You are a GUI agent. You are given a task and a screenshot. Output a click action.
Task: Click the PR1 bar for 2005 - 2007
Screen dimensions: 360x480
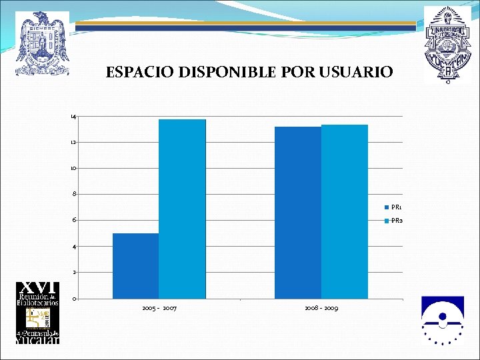point(135,266)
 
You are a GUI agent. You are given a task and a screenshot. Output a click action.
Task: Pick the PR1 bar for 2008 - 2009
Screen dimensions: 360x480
point(297,213)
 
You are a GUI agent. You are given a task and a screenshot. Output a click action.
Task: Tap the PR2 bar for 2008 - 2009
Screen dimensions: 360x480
point(345,211)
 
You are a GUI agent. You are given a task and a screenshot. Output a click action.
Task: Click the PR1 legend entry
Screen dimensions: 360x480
point(393,207)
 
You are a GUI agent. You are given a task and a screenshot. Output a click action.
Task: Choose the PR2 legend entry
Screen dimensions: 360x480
point(393,221)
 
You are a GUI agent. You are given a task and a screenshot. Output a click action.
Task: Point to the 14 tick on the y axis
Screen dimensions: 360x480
point(73,117)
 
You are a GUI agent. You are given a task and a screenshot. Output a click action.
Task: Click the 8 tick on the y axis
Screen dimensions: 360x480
point(74,195)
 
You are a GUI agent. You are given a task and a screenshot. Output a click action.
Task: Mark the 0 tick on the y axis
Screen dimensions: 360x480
point(74,299)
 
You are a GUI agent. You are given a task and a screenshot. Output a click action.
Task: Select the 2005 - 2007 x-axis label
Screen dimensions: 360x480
point(159,309)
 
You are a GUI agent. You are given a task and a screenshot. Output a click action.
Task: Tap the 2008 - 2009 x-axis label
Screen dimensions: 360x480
point(321,309)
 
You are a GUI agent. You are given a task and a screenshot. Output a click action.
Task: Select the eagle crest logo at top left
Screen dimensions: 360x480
point(43,43)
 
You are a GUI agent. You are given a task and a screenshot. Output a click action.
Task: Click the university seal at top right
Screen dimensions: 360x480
point(446,44)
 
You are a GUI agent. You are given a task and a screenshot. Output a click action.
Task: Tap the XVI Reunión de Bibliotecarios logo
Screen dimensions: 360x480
point(38,313)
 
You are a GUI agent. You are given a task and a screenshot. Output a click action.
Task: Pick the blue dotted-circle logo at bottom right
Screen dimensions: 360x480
point(442,320)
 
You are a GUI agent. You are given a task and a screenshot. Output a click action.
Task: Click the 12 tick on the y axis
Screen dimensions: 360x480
point(73,143)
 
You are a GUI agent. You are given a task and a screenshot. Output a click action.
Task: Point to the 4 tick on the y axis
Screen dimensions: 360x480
point(74,247)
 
